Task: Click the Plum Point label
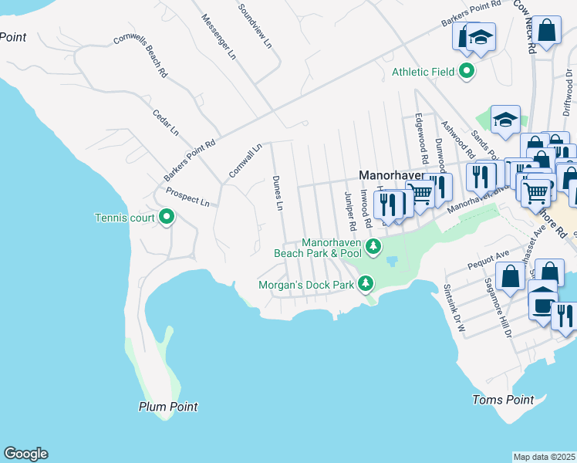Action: click(168, 407)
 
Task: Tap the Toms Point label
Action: click(503, 400)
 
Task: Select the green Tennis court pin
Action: click(166, 218)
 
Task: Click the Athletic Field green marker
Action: click(466, 73)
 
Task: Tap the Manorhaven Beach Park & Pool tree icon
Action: click(373, 247)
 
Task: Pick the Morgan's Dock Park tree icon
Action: click(366, 284)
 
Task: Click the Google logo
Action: click(25, 454)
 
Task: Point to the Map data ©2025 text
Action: click(544, 457)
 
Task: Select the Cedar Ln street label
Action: click(165, 121)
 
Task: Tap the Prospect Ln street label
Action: click(187, 197)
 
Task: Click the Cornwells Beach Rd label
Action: click(140, 56)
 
